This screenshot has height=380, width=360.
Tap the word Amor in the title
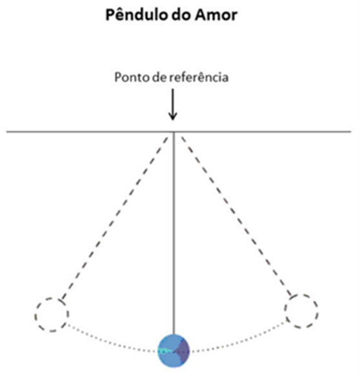coord(216,15)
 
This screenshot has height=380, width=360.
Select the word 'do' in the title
coord(181,15)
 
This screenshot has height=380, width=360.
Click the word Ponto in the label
coord(132,77)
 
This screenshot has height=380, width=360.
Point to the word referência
coord(199,77)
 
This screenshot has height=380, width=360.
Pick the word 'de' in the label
coord(159,77)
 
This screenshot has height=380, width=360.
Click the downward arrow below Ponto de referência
coord(173,105)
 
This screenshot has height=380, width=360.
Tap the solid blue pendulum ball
coord(174,351)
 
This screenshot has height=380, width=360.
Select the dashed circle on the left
coord(36,315)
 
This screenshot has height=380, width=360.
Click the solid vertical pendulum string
coord(174,233)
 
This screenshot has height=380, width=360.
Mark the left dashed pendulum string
coord(115,218)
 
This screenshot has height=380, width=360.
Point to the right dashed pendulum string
coord(236,216)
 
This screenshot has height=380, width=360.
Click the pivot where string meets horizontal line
coord(174,132)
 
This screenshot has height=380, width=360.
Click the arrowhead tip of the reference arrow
coord(173,120)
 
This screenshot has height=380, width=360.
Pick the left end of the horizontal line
coord(6,132)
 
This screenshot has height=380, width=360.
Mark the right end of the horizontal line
coord(351,132)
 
